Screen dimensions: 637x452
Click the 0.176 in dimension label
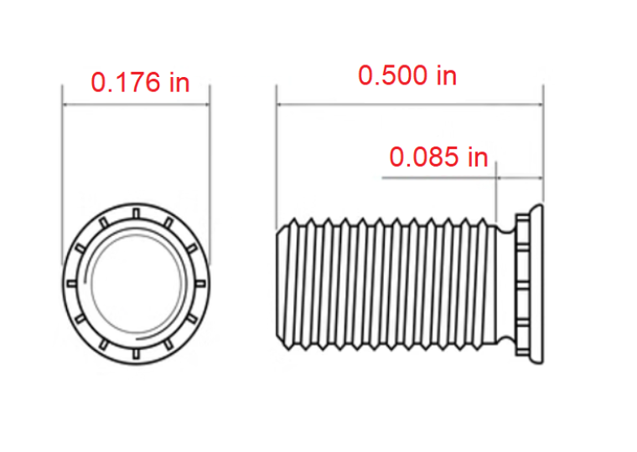[x=140, y=82]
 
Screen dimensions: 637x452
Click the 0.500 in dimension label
[x=407, y=75]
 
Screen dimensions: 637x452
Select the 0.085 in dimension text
[x=438, y=157]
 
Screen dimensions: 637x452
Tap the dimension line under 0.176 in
[x=136, y=105]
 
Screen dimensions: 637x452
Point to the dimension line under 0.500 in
[x=410, y=105]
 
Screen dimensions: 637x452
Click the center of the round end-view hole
[x=136, y=283]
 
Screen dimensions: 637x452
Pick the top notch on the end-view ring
[x=137, y=213]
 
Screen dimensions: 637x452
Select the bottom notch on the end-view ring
[x=136, y=354]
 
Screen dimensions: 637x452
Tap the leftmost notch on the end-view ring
[x=72, y=283]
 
